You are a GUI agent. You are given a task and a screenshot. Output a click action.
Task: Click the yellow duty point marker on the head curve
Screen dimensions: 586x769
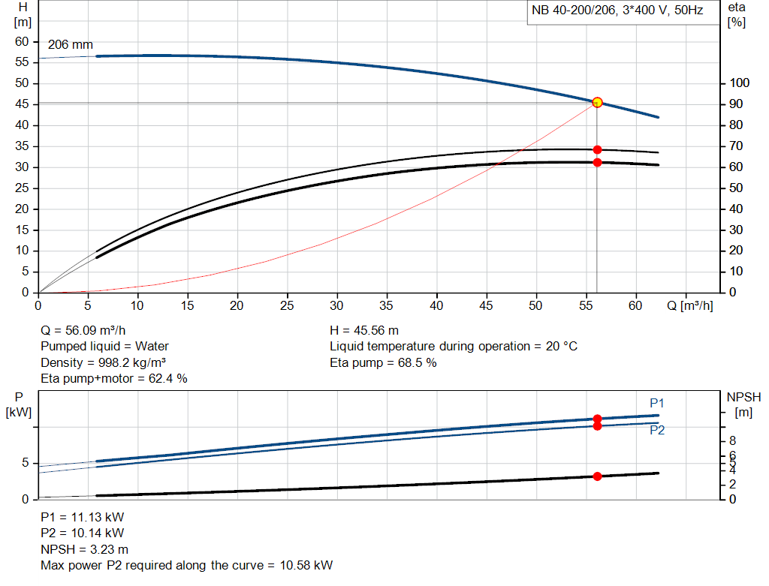(x=597, y=102)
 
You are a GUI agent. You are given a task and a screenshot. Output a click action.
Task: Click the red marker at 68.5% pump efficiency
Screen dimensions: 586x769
(x=597, y=149)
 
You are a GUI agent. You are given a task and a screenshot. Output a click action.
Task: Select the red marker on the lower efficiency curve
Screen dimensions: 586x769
(x=597, y=162)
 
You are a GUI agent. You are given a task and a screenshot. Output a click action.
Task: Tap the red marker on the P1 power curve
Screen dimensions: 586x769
(x=597, y=419)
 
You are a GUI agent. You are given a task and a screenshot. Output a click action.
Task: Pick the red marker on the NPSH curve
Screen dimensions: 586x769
(x=597, y=476)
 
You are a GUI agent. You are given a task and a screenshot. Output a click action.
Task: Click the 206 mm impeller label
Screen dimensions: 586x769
(x=71, y=45)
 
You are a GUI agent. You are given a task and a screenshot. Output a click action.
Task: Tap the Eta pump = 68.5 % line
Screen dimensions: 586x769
(x=383, y=363)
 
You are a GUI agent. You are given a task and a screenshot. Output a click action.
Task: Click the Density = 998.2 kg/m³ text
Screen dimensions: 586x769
(x=103, y=363)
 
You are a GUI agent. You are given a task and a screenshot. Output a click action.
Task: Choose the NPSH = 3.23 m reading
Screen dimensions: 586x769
(x=84, y=549)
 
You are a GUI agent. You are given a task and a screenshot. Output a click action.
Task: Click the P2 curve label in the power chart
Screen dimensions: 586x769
(x=657, y=431)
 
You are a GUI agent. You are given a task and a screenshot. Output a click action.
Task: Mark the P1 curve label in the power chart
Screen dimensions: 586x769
(x=657, y=404)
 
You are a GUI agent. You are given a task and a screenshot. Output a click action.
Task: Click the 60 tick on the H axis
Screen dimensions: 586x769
(x=21, y=41)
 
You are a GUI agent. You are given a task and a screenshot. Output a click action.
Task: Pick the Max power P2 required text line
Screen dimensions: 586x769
(x=186, y=565)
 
